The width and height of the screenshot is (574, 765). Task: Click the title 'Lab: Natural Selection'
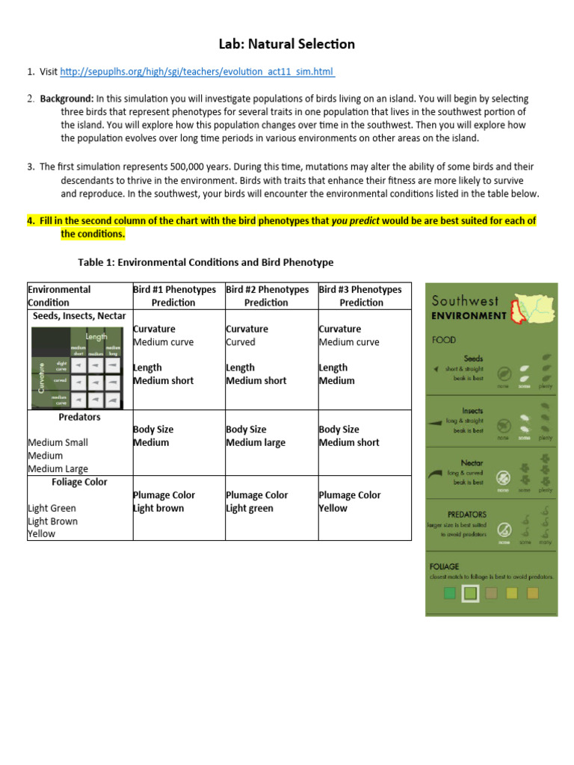pos(287,44)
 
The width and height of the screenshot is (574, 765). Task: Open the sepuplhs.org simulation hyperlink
pos(197,71)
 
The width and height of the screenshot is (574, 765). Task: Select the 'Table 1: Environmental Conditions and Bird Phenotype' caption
pos(206,262)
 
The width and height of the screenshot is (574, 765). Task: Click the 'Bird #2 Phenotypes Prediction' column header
pos(266,296)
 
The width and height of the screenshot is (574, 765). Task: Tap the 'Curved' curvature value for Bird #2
pos(241,342)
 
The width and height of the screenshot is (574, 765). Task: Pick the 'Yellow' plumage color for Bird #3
pos(333,508)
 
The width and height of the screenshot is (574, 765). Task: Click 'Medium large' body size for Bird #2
pos(256,442)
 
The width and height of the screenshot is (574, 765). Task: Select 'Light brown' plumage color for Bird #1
pos(158,508)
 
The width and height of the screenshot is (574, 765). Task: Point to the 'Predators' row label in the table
pos(79,417)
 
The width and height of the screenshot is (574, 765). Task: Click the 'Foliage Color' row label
pos(79,482)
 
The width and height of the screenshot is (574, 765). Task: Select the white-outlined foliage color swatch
pos(469,593)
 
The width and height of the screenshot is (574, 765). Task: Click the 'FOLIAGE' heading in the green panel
pos(445,566)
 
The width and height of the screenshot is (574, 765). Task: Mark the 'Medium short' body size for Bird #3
pos(348,442)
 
